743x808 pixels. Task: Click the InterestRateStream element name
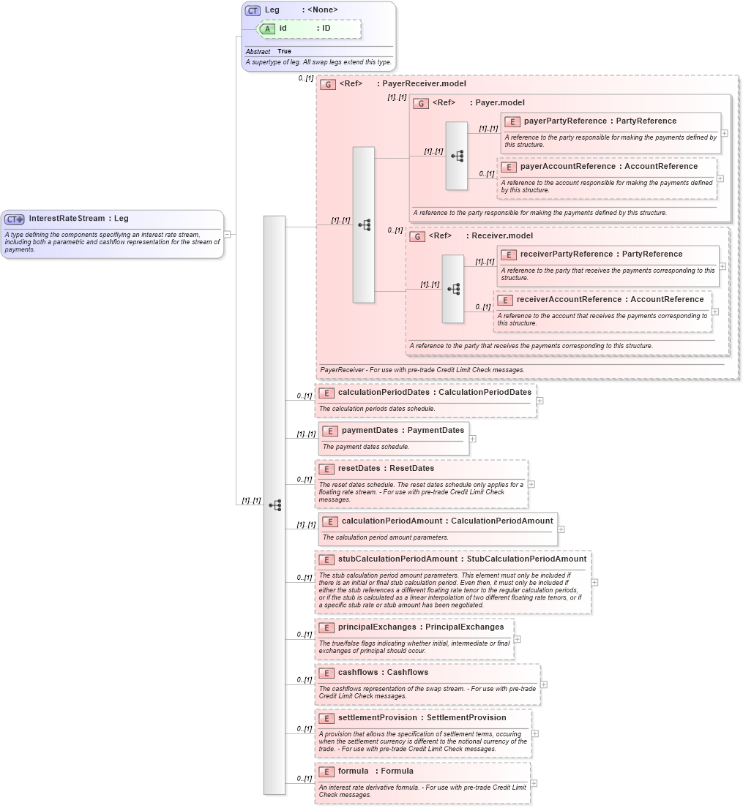click(67, 219)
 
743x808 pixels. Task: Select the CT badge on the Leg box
click(253, 10)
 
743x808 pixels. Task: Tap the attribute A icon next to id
click(269, 29)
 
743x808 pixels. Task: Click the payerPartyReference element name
click(565, 121)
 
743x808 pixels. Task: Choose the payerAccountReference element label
click(561, 167)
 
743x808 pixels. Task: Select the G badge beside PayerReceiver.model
click(328, 84)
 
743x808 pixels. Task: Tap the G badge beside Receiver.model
click(417, 236)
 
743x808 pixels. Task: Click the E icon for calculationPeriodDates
click(326, 393)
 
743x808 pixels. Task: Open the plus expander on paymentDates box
click(473, 439)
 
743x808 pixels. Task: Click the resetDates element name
click(359, 469)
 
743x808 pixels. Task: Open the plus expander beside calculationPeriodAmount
click(561, 529)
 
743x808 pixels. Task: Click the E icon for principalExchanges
click(326, 627)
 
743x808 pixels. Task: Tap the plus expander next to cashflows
click(544, 685)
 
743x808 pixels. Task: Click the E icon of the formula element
click(326, 771)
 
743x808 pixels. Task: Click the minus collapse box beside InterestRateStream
click(228, 235)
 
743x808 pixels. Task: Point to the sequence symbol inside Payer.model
click(458, 156)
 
